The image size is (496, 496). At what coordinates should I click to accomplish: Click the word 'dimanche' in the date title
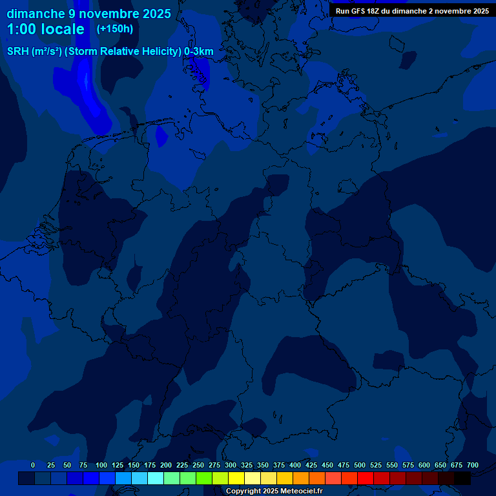coord(35,14)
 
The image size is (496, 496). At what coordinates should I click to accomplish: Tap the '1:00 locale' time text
coord(45,29)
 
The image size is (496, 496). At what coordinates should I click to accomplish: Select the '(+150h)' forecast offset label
coord(115,29)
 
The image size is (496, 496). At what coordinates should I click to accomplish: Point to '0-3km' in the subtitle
coord(199,52)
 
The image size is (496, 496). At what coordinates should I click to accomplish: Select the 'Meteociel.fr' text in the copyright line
coord(302,491)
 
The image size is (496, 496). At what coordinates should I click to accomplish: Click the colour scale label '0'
coord(33,466)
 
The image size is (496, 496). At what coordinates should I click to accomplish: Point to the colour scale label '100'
coord(101,466)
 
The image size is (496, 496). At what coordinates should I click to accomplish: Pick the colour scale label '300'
coord(231,466)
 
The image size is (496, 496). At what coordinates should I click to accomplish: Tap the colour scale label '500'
coord(360,466)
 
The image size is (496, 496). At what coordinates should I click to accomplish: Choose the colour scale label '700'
coord(473,466)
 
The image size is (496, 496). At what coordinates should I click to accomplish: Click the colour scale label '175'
coord(150,466)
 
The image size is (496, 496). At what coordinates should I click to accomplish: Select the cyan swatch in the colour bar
coord(156,479)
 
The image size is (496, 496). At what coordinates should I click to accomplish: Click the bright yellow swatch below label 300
coord(236,479)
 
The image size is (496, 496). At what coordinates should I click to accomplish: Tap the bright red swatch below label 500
coord(366,479)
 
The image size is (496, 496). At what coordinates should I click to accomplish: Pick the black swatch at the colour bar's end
coord(462,479)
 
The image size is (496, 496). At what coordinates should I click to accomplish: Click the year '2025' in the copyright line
coord(269,491)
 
